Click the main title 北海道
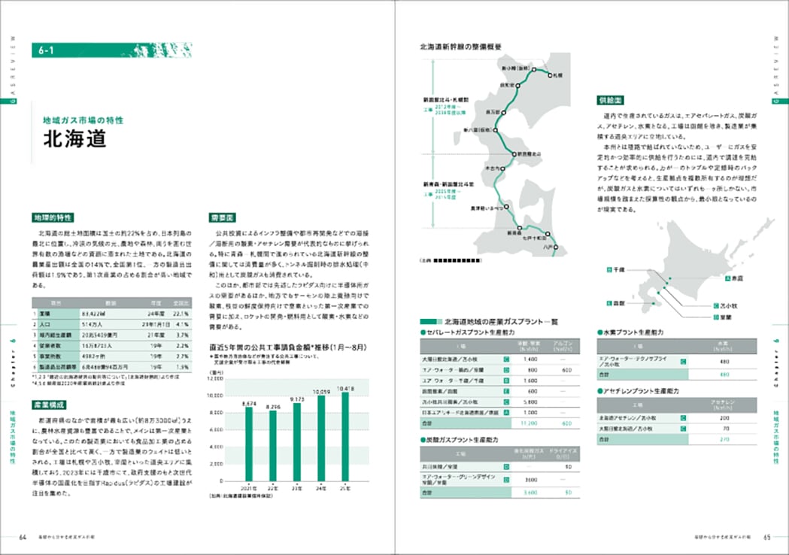pos(75,140)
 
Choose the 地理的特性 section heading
pos(52,217)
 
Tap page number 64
pos(23,537)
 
